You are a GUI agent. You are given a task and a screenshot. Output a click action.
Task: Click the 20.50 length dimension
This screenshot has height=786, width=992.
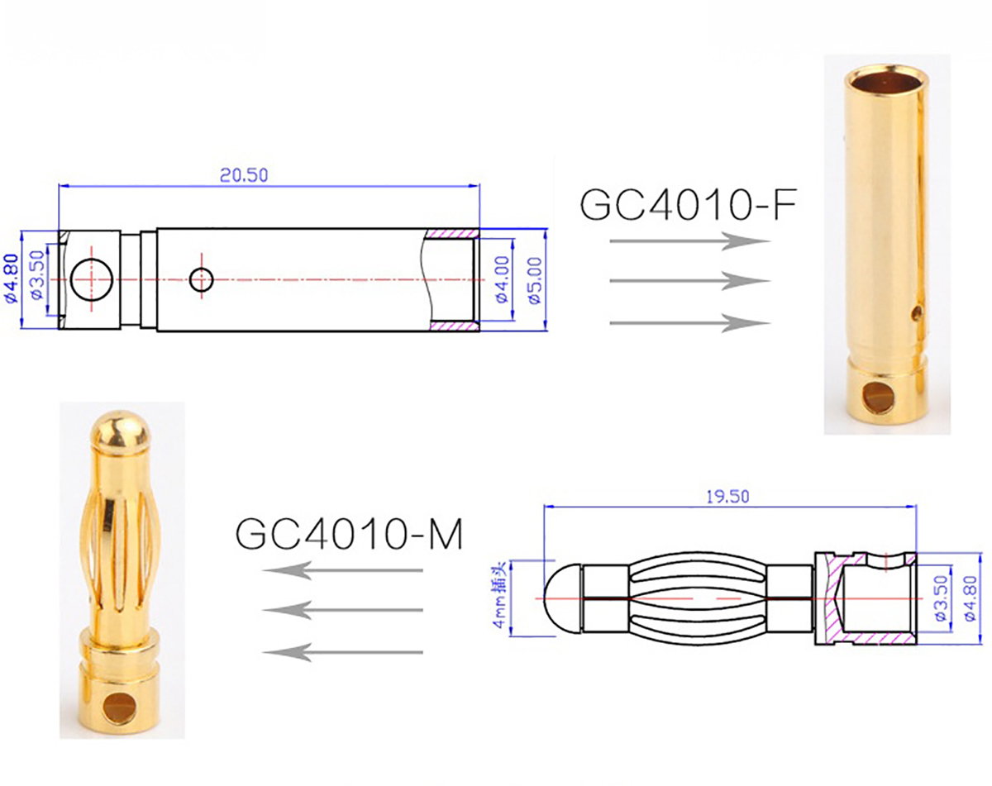coord(244,175)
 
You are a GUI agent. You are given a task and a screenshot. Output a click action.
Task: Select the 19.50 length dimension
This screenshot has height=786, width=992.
coord(727,497)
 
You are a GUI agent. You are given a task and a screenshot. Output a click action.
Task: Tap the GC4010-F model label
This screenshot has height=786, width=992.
coord(689,204)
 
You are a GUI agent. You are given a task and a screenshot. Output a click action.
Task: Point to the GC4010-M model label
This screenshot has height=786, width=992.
coord(349,534)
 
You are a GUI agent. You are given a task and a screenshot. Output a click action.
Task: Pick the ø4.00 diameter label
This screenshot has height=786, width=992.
coord(503,279)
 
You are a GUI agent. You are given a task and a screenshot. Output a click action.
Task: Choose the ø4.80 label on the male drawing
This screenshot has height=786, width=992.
coord(970,598)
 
